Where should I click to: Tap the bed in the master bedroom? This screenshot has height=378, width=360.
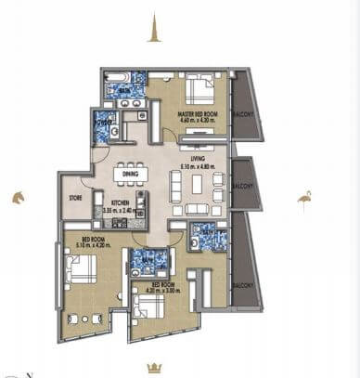[x=198, y=89]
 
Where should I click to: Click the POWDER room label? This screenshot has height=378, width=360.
[x=102, y=121]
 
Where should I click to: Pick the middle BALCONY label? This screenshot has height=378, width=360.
[x=243, y=185]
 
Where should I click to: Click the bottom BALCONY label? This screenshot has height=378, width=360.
[x=243, y=283]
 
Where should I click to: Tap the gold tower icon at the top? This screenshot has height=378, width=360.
[x=154, y=33]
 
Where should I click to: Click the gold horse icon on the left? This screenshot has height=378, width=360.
[x=17, y=197]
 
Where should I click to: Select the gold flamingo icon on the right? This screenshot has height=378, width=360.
[x=304, y=198]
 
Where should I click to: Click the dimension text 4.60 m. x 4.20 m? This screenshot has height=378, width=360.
[x=196, y=120]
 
